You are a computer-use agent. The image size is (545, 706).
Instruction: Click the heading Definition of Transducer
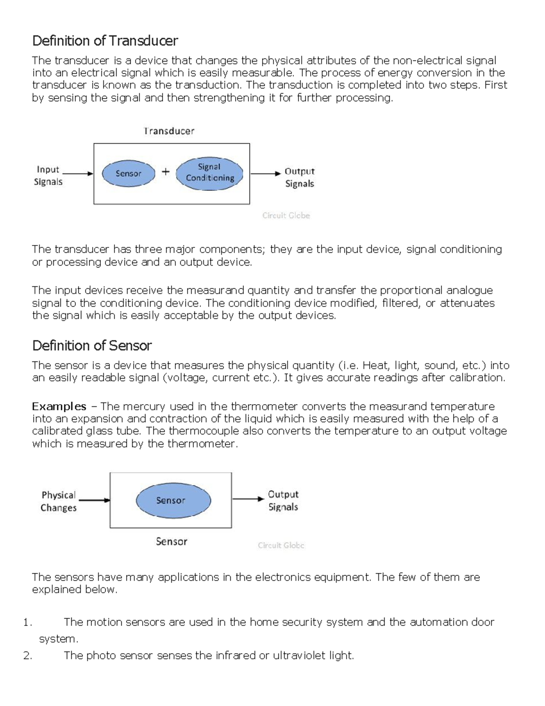tap(105, 41)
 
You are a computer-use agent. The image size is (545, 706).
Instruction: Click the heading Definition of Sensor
tap(92, 345)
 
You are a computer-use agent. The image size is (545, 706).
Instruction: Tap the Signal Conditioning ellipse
tap(209, 173)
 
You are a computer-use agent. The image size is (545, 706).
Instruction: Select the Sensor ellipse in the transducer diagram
tap(128, 173)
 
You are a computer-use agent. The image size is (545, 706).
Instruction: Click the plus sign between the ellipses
tap(166, 172)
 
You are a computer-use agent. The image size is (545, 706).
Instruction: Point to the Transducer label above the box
tap(169, 131)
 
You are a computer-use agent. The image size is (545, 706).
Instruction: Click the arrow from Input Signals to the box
tap(78, 173)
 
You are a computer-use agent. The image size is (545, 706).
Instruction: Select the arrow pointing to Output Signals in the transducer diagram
tap(266, 173)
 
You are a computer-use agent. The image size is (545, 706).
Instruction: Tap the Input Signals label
tap(48, 175)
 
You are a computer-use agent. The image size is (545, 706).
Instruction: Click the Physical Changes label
tap(59, 501)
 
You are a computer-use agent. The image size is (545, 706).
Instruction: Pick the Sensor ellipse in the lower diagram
tap(173, 500)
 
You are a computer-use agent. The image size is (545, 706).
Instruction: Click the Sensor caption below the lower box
tap(171, 541)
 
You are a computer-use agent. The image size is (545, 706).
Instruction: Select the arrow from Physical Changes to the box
tap(94, 500)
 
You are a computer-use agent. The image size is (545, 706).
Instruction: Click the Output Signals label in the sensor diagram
tap(283, 501)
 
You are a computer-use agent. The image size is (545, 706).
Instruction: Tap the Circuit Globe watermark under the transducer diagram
tap(286, 215)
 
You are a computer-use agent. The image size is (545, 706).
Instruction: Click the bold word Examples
tap(59, 406)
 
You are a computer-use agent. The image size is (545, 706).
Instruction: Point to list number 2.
tap(27, 656)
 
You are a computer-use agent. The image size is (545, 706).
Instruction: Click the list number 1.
tap(27, 622)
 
